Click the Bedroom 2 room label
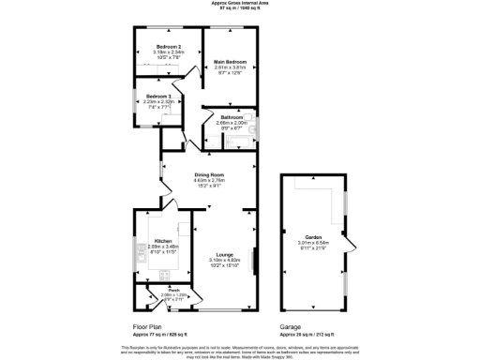(x=170, y=46)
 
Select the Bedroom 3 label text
(x=157, y=96)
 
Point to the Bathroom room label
(x=231, y=117)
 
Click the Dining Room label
(x=208, y=173)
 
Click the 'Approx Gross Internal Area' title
(x=240, y=4)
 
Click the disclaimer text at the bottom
(x=240, y=349)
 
